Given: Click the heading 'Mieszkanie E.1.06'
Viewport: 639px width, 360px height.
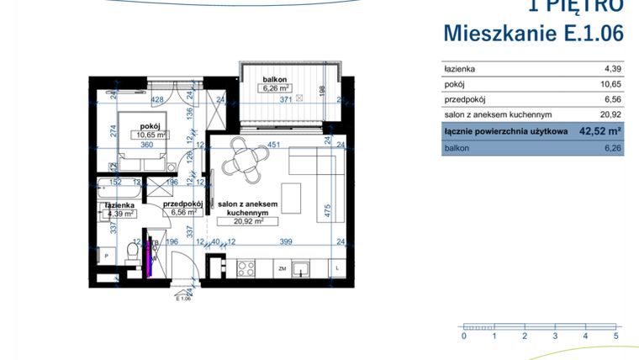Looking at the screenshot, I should [x=533, y=34].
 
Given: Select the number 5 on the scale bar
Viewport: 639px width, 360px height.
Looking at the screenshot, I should [x=616, y=336].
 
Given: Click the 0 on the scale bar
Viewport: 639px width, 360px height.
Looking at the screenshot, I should [x=463, y=336].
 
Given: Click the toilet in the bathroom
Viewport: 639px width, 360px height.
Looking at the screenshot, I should [x=131, y=252].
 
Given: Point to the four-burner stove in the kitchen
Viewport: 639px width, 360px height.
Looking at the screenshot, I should [x=247, y=269].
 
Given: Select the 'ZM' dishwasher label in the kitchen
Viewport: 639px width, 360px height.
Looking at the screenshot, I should [x=283, y=269].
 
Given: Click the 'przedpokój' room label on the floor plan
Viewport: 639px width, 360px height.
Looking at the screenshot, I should [x=182, y=203].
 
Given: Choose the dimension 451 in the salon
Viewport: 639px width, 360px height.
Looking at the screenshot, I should [x=273, y=144].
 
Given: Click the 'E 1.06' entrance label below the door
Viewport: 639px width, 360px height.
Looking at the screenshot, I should [x=183, y=298].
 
